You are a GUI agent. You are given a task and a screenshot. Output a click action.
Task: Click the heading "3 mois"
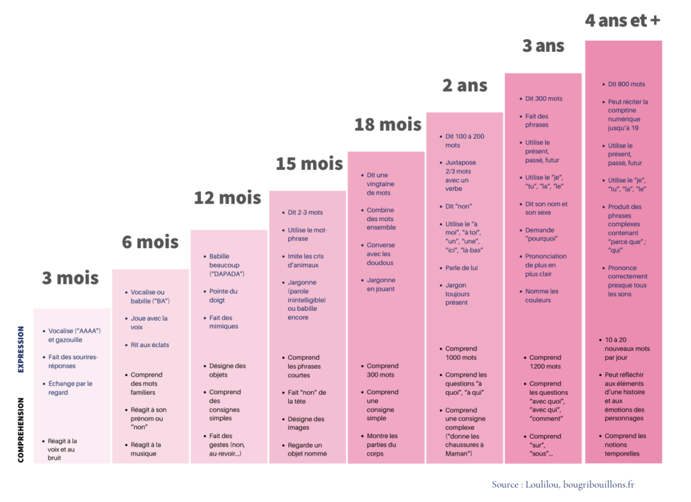(70, 278)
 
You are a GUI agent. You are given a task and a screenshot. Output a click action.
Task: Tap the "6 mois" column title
(150, 242)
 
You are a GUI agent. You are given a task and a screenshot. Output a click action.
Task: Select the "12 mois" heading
(227, 198)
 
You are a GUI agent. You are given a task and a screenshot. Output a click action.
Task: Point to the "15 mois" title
(309, 164)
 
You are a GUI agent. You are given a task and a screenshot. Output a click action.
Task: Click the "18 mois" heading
(387, 125)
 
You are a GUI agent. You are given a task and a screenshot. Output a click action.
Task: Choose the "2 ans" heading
(464, 86)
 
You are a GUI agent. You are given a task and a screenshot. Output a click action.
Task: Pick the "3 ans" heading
(543, 46)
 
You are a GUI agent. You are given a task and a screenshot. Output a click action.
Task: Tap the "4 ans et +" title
(622, 21)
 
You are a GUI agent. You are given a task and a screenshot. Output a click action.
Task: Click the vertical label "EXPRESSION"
(21, 350)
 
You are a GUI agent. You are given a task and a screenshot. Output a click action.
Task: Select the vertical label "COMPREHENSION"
(21, 429)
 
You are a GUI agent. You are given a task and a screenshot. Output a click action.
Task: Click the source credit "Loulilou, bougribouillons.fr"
(563, 484)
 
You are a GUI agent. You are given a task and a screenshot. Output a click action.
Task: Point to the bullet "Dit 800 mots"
(626, 84)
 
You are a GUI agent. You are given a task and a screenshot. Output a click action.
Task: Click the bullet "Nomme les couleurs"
(542, 296)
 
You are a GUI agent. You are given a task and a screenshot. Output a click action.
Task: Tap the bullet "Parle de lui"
(462, 268)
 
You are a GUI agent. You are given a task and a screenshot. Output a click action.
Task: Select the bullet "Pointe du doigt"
(223, 296)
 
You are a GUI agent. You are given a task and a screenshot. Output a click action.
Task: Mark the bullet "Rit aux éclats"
(150, 345)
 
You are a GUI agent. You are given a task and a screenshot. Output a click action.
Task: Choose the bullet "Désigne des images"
(305, 423)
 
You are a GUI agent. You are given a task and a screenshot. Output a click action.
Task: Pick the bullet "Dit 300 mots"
(543, 98)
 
